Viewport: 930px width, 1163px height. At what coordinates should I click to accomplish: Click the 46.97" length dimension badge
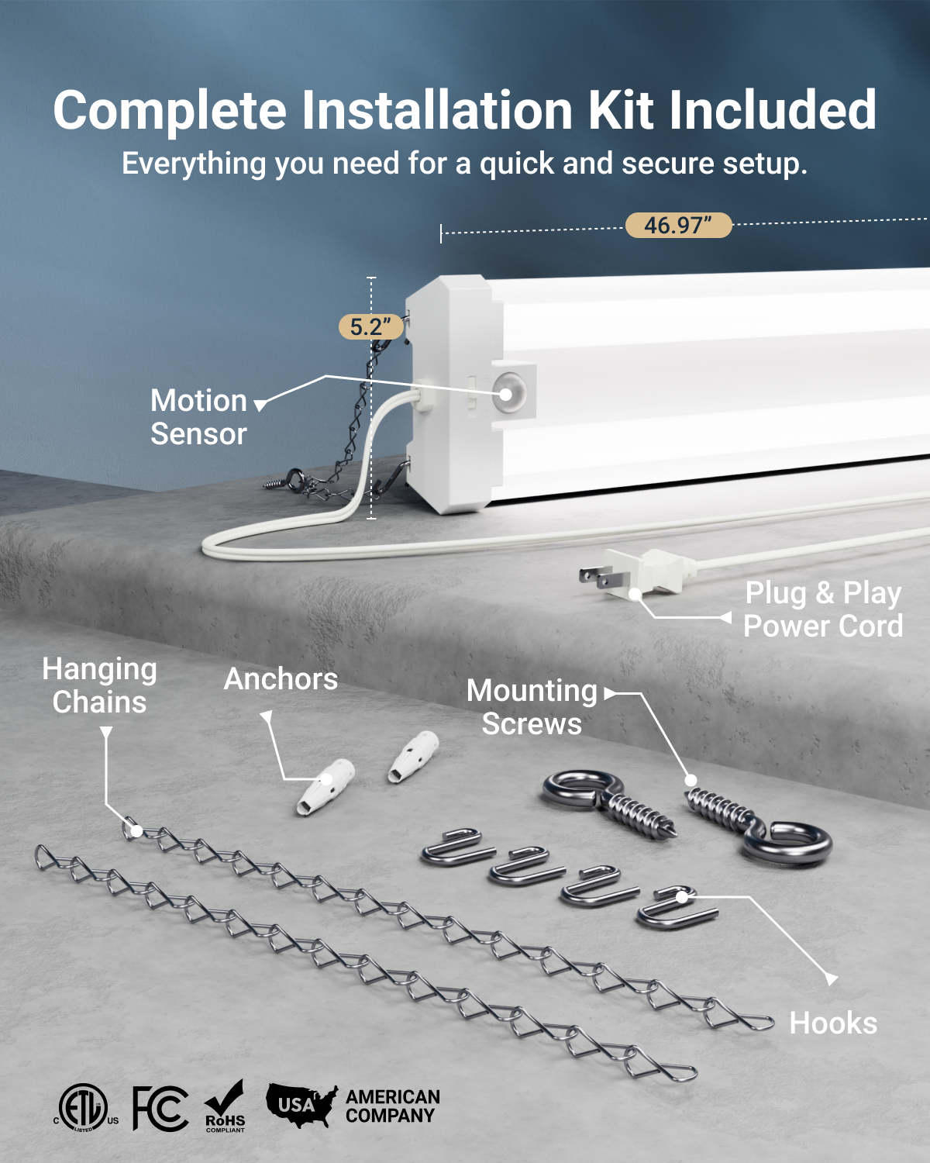[679, 225]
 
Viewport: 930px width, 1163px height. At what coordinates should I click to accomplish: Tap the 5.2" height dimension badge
[370, 326]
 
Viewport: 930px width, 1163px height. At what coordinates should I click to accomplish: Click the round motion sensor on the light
[508, 393]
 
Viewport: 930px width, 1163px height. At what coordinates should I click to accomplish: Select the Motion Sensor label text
[198, 416]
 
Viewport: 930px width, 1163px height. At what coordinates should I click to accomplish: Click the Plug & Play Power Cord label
[823, 609]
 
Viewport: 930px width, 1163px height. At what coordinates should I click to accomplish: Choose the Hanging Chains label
[99, 685]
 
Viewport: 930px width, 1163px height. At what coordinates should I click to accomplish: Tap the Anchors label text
[281, 678]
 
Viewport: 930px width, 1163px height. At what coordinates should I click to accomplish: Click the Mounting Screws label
[532, 707]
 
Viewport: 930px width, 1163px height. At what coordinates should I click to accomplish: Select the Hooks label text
[833, 1023]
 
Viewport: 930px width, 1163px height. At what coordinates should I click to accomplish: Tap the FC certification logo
[160, 1109]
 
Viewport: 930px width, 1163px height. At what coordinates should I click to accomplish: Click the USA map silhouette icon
[301, 1105]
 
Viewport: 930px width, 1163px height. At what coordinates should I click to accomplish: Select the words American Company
[393, 1106]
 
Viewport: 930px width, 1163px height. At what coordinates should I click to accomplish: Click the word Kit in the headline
[620, 110]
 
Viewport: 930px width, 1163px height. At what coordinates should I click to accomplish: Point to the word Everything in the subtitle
[194, 164]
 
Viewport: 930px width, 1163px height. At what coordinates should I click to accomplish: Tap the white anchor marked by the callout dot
[325, 787]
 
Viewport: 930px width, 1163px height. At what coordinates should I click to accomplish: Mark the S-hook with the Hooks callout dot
[677, 907]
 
